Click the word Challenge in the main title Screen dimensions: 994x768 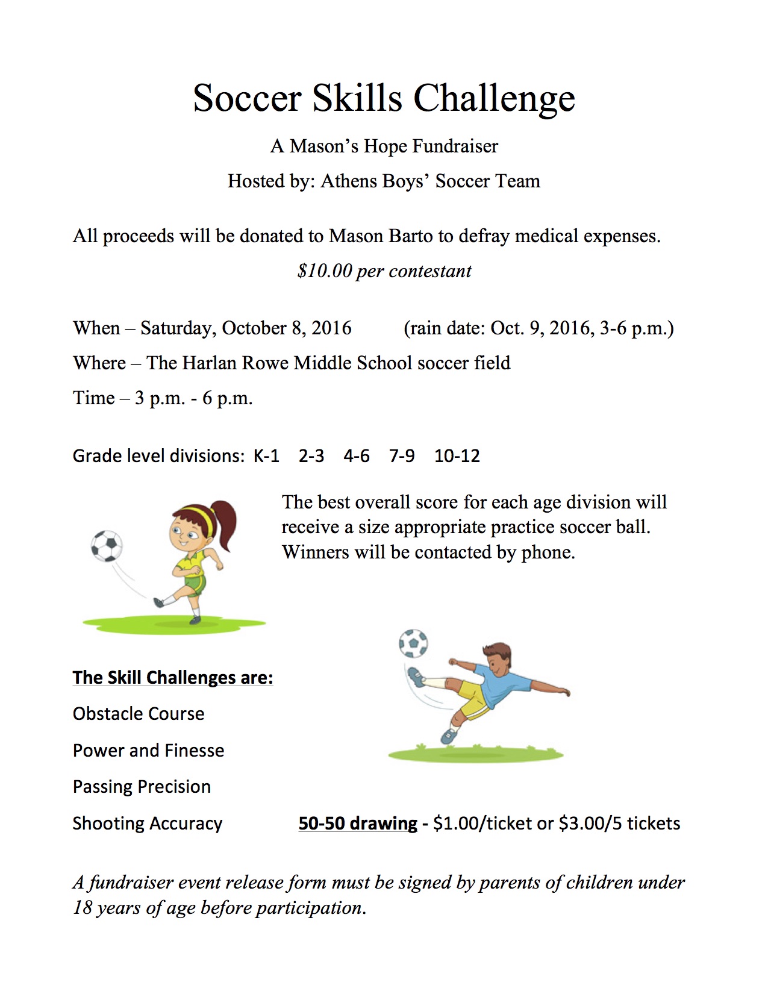click(494, 98)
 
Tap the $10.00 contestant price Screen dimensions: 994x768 click(325, 271)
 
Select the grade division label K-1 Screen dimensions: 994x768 click(266, 456)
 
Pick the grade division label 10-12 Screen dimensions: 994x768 click(457, 456)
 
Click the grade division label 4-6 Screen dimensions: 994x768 click(357, 456)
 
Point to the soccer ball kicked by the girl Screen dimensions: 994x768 click(107, 546)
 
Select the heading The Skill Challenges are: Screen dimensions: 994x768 click(173, 678)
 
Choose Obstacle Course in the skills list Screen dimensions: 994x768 click(139, 714)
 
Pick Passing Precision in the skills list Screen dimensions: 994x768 click(142, 787)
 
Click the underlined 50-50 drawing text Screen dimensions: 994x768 click(358, 824)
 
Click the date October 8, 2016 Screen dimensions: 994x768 click(286, 328)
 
